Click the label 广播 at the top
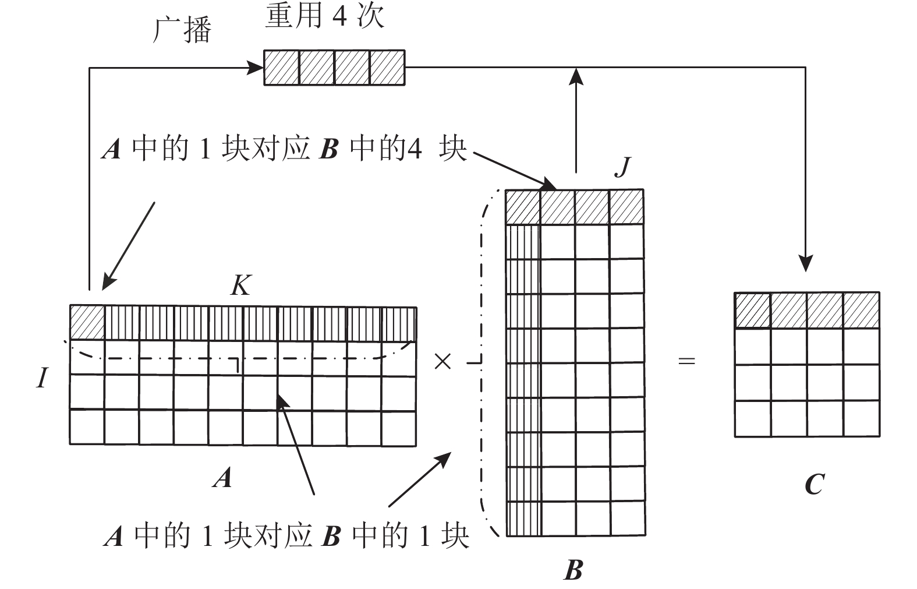point(182,30)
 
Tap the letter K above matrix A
point(240,285)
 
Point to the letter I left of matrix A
point(41,379)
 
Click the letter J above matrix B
point(623,166)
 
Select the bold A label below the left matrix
point(222,478)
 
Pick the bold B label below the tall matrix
point(573,570)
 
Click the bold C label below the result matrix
point(814,484)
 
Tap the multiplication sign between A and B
point(442,362)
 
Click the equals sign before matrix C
point(687,361)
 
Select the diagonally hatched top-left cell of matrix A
point(87,323)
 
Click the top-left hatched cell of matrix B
point(523,207)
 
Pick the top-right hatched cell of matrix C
point(861,311)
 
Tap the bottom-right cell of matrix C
point(861,418)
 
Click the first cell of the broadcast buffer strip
point(282,68)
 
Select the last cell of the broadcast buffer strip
point(387,68)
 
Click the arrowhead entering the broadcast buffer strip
point(256,68)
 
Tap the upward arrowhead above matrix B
point(576,76)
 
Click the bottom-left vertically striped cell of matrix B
point(523,518)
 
